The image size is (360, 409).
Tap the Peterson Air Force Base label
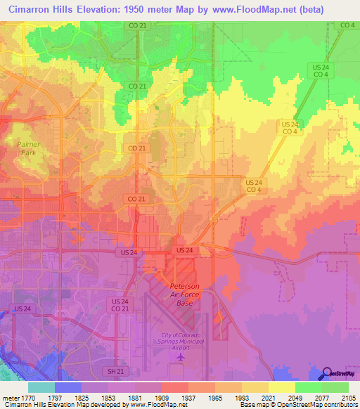click(x=184, y=294)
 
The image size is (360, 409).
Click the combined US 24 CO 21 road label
click(x=119, y=305)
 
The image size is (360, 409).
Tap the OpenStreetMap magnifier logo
click(x=328, y=373)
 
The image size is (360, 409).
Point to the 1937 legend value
click(x=188, y=397)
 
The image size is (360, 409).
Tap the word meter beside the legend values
click(x=10, y=397)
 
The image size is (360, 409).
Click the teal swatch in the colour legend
click(x=41, y=387)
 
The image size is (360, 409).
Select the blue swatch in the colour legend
click(x=68, y=387)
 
